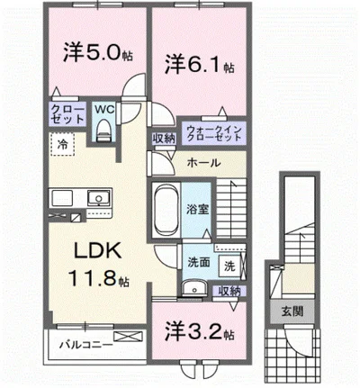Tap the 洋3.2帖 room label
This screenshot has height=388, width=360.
[x=198, y=332]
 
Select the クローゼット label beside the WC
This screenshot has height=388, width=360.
[x=67, y=116]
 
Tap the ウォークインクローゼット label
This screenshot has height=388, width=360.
[x=215, y=133]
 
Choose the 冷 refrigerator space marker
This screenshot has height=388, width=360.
[x=64, y=143]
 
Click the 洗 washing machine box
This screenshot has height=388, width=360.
[x=228, y=266]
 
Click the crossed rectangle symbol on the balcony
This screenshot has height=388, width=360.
[x=128, y=339]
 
